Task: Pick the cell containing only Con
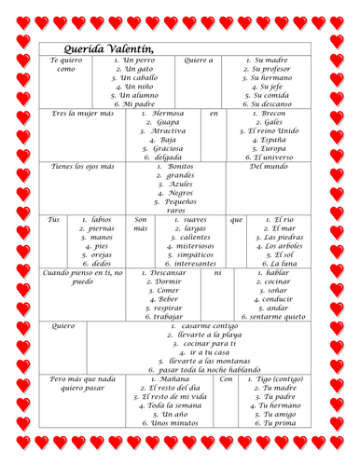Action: (226, 379)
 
